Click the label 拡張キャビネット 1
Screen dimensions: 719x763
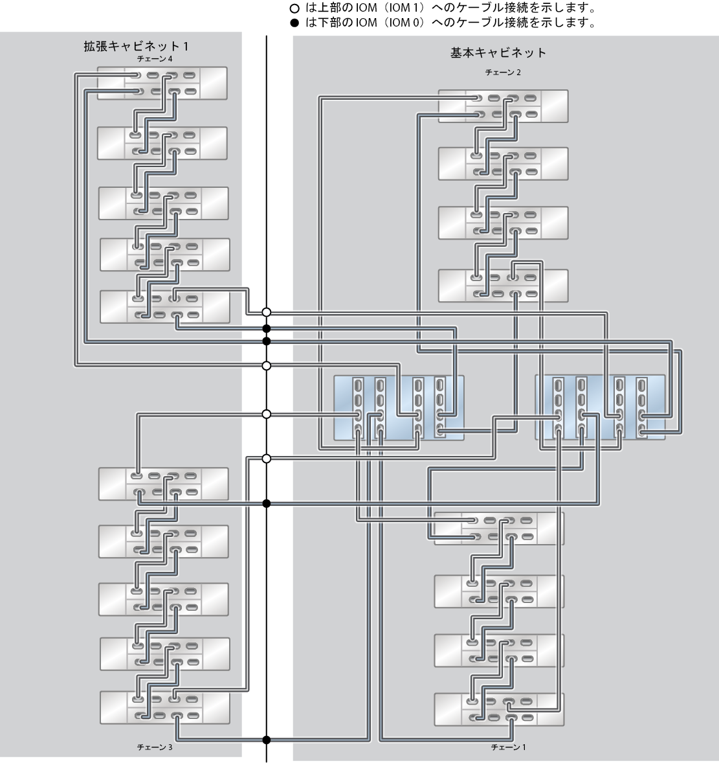point(136,46)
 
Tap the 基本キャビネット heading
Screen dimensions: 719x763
point(498,52)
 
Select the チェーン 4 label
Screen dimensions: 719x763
point(155,59)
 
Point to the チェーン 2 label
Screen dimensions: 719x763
point(503,73)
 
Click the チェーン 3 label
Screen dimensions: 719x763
point(155,747)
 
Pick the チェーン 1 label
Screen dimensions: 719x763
point(508,747)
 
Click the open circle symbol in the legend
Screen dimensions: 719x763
point(294,8)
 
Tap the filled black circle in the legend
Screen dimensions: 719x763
point(294,23)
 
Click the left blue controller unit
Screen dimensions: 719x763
point(399,408)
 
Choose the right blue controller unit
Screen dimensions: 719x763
point(600,407)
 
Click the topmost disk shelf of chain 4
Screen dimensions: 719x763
point(162,83)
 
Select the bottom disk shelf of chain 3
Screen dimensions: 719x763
point(165,707)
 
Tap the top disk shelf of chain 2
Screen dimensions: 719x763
point(503,106)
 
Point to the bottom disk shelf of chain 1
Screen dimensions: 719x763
point(499,709)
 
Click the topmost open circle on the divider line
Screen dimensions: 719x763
point(267,312)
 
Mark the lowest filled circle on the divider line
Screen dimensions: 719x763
point(267,740)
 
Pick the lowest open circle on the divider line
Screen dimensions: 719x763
point(267,459)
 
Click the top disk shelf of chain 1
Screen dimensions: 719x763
point(499,529)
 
